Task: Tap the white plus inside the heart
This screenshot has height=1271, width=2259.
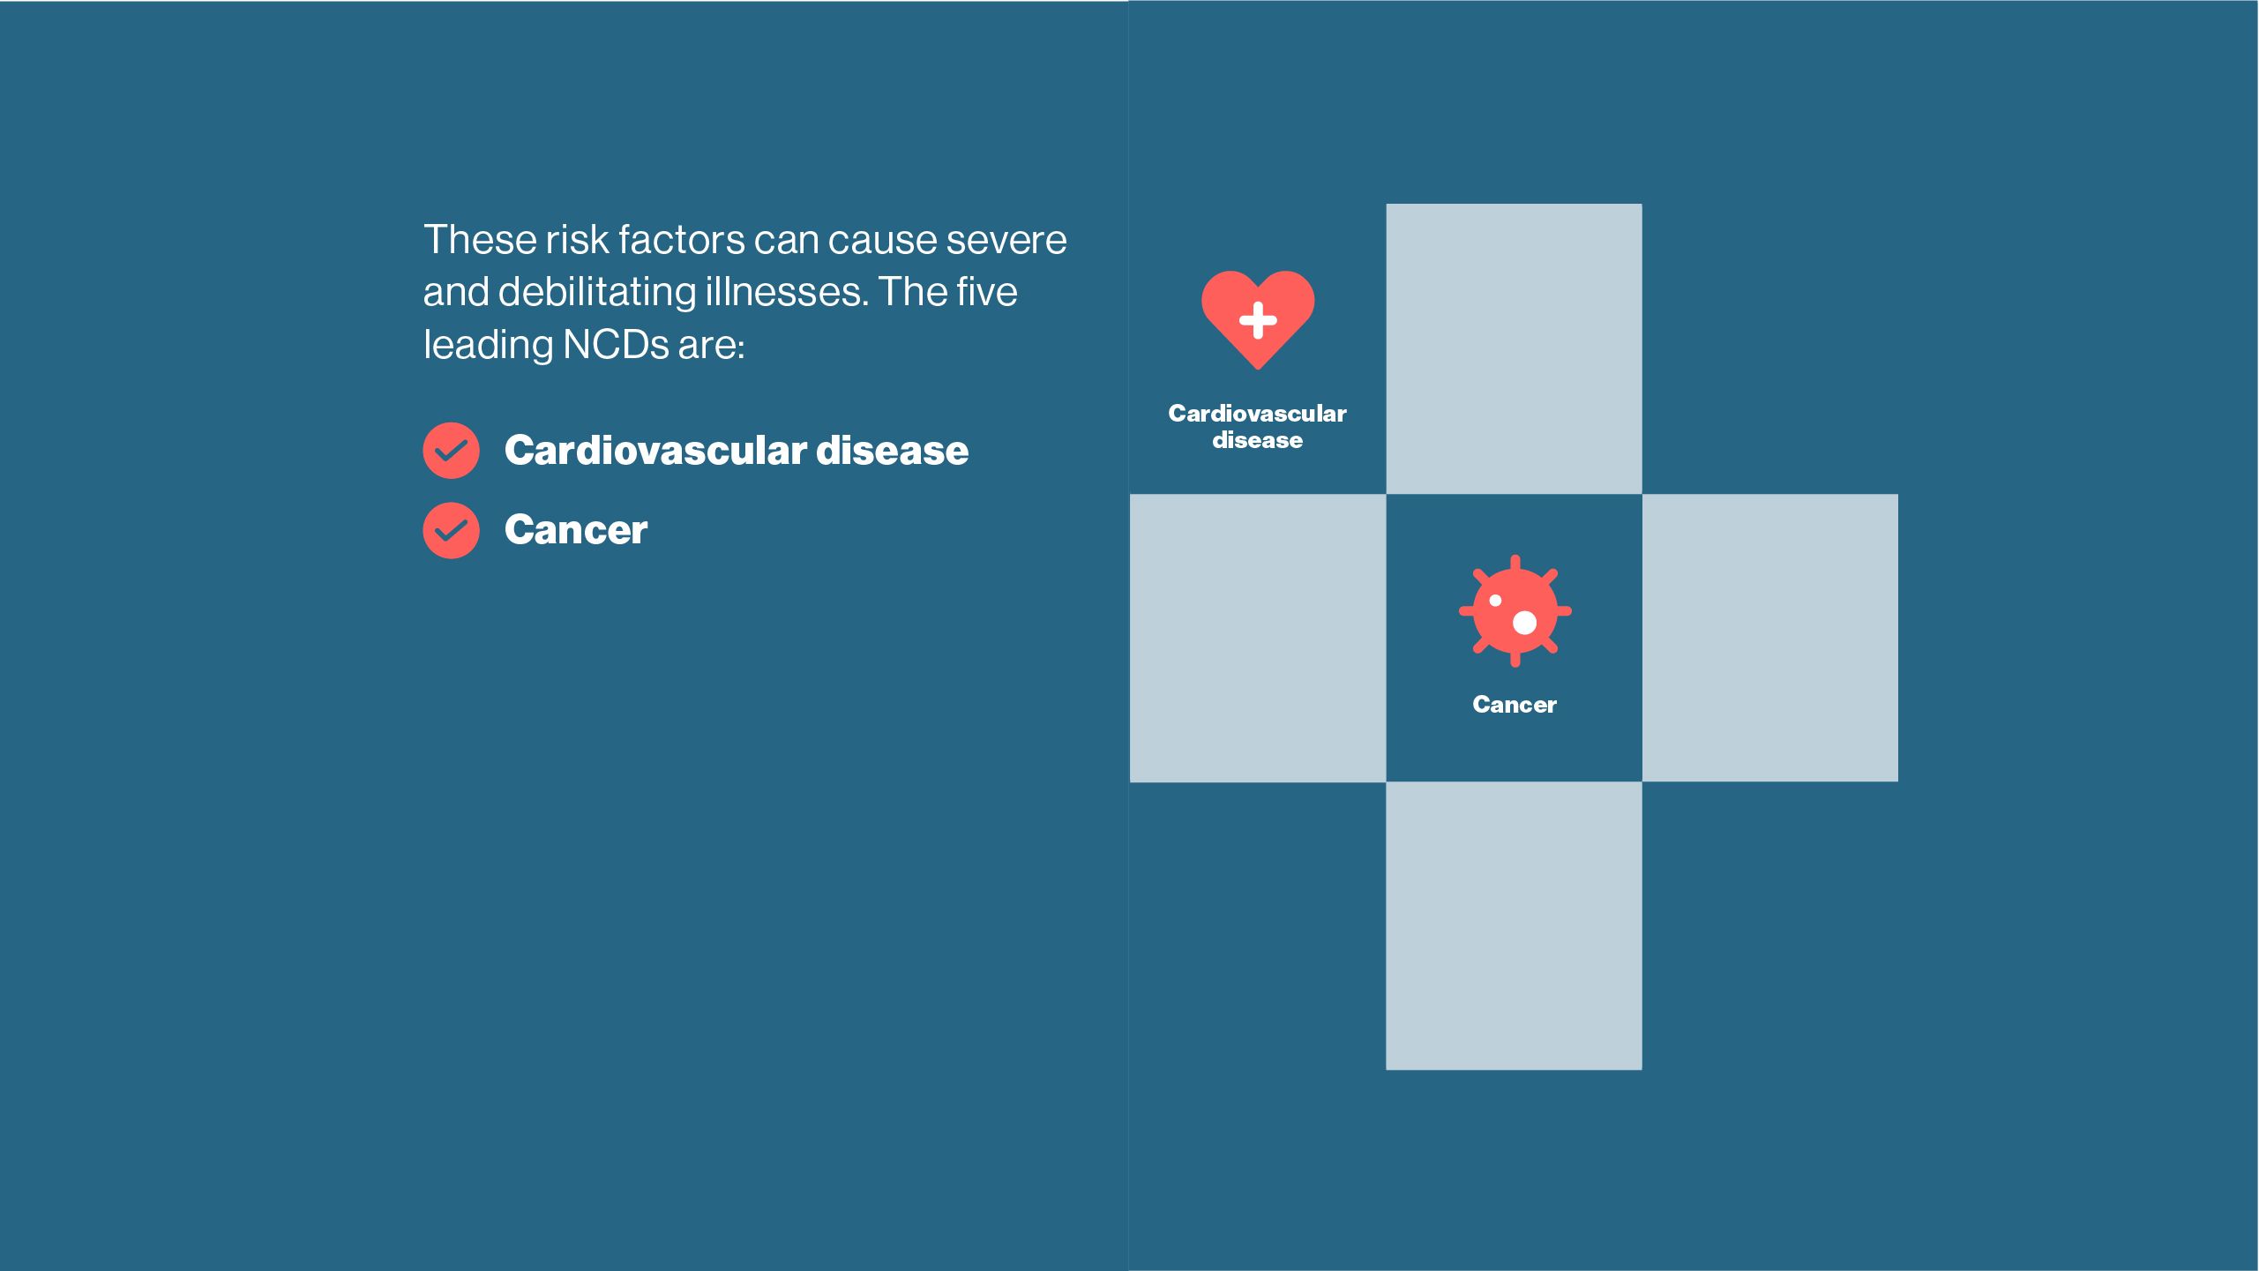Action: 1258,320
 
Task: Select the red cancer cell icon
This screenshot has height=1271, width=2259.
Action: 1515,610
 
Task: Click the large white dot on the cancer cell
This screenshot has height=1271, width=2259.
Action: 1524,623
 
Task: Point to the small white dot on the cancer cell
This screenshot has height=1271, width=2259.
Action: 1495,601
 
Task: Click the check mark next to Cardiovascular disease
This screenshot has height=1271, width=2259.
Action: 451,451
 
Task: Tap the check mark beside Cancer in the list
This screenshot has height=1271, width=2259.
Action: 451,530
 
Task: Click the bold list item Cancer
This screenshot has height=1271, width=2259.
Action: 576,529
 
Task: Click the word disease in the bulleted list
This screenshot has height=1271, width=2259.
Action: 893,450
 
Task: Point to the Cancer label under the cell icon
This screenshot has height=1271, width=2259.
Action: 1515,705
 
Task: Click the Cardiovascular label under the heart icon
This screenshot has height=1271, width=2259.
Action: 1257,413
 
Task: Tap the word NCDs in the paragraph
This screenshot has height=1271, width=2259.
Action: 616,344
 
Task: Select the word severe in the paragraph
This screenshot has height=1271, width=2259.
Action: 1006,240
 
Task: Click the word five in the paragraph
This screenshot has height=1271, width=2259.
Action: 986,291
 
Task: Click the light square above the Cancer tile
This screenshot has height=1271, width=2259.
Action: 1514,348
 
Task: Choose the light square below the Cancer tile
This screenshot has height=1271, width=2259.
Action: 1514,926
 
